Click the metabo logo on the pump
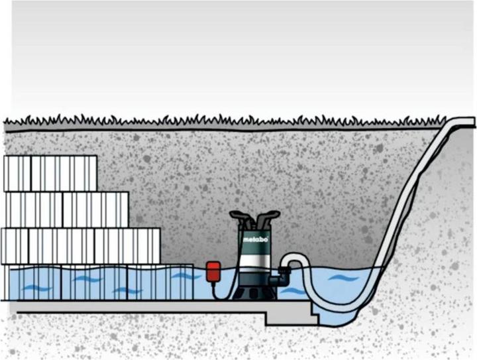(x=255, y=240)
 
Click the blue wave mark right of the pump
(x=344, y=277)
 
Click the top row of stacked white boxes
(x=50, y=173)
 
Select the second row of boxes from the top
(x=66, y=210)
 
